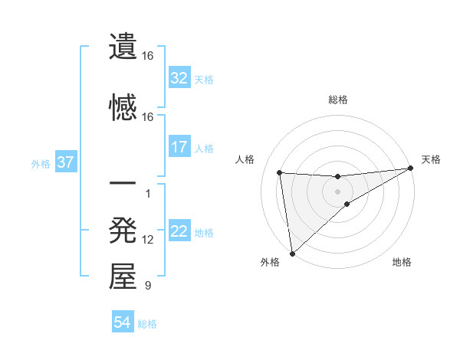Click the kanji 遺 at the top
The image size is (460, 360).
click(123, 46)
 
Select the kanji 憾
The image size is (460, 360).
click(123, 106)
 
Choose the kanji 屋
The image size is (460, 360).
click(123, 277)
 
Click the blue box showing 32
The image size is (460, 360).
click(179, 77)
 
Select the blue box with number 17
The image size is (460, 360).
click(179, 146)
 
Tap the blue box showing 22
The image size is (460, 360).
click(179, 231)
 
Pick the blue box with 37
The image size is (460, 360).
click(65, 162)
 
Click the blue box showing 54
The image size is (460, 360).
click(122, 322)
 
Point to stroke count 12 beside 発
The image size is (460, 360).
click(148, 240)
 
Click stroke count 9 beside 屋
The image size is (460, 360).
click(148, 286)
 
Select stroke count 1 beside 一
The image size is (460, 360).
click(148, 193)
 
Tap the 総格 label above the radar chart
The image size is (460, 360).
click(337, 100)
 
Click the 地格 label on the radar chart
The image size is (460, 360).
click(402, 262)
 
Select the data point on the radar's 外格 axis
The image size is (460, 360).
click(291, 254)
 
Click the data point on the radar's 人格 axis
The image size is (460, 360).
click(279, 172)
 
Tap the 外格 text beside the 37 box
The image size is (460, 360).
click(40, 163)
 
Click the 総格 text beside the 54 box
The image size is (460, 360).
click(147, 324)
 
